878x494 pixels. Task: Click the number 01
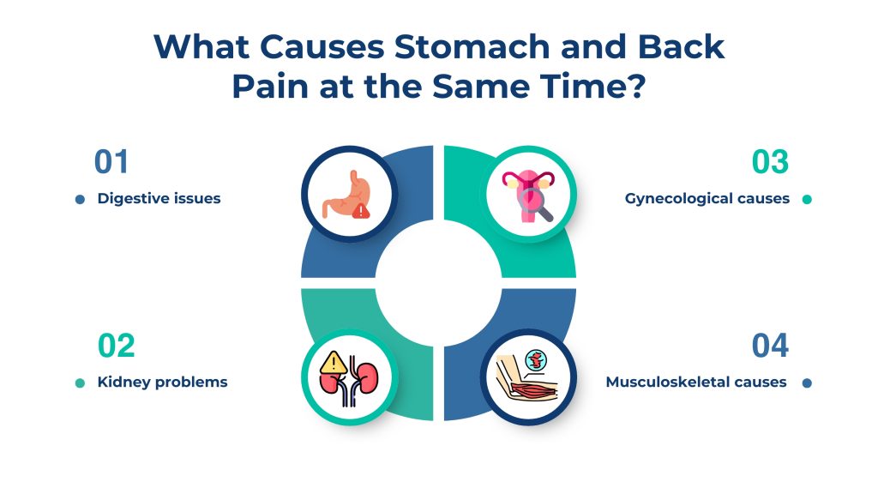111,163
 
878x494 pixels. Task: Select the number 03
770,163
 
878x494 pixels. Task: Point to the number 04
770,346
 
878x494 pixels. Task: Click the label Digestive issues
159,199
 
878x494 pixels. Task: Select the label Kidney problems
163,383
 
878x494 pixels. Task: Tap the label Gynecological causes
707,199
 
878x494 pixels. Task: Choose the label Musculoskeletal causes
696,383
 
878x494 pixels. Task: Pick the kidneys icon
348,377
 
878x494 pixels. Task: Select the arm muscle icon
528,377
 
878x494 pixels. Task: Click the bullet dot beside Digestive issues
80,200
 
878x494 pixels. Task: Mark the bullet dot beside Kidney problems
80,383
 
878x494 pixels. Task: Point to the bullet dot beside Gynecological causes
806,200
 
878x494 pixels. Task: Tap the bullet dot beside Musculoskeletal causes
806,383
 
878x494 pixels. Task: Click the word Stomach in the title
461,47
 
